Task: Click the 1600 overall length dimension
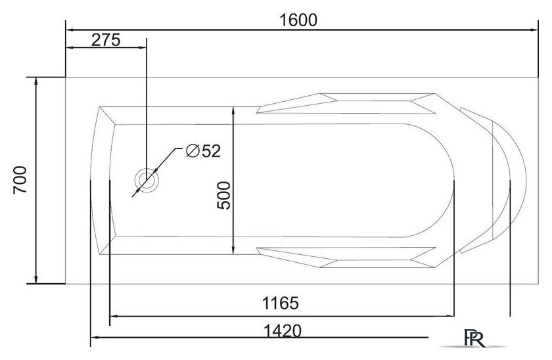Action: (x=298, y=20)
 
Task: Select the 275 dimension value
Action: (x=106, y=40)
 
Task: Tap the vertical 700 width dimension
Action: (x=20, y=180)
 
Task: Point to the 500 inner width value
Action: (x=223, y=195)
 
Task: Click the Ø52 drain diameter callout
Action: (x=203, y=151)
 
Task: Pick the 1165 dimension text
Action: (x=281, y=303)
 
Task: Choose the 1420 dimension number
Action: (x=283, y=331)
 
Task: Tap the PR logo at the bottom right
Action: (x=474, y=338)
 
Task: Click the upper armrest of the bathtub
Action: (x=346, y=103)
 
